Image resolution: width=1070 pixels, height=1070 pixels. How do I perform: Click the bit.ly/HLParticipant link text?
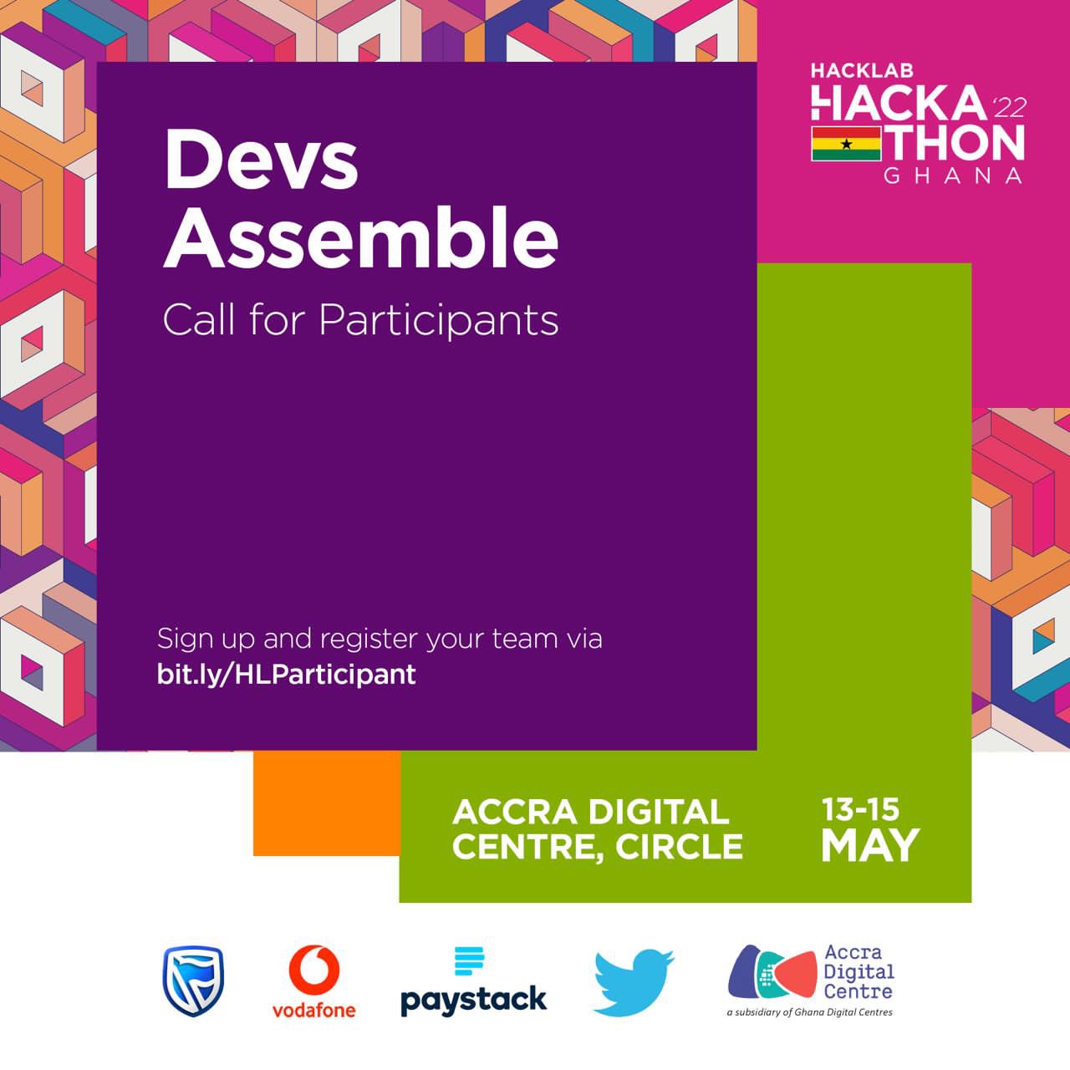(286, 674)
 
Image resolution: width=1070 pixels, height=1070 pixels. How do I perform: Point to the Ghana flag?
(846, 144)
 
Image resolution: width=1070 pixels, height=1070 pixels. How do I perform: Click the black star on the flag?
(846, 144)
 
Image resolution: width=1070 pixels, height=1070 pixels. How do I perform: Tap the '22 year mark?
(1007, 107)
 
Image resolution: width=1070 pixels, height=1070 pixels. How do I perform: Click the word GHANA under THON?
(953, 176)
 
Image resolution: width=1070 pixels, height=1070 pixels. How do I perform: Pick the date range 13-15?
(860, 809)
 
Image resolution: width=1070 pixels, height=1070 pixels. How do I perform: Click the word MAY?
(869, 846)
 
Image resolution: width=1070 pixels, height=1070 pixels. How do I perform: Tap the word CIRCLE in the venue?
(679, 847)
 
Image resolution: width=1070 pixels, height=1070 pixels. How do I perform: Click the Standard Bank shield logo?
(193, 981)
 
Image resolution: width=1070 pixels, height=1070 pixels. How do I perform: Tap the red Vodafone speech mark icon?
(314, 970)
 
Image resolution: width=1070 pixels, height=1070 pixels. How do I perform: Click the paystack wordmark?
(473, 999)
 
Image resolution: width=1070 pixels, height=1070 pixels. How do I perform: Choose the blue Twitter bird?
(633, 981)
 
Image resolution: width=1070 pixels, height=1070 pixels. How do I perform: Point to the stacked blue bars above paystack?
(469, 961)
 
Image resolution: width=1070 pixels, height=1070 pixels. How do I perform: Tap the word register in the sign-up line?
(369, 639)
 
